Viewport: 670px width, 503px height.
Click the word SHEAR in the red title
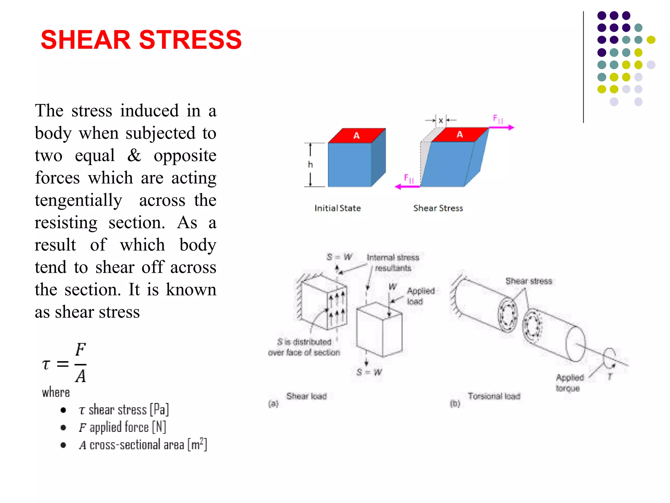tap(86, 40)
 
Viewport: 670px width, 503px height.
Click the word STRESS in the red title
tap(190, 40)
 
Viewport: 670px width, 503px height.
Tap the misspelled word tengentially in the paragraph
tap(79, 200)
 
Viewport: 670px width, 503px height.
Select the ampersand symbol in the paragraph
tap(134, 155)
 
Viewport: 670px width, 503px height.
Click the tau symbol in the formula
tap(46, 364)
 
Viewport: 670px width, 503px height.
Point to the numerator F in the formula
tap(80, 350)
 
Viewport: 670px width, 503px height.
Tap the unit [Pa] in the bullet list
tap(159, 410)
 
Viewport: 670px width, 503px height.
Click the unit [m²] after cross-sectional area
tap(197, 444)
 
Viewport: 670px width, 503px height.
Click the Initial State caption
tap(338, 208)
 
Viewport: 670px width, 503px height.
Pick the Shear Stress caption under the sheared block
tap(438, 208)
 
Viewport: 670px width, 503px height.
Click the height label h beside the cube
tap(310, 164)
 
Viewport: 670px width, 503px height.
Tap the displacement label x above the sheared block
tap(441, 121)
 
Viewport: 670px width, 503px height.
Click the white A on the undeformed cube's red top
tap(357, 136)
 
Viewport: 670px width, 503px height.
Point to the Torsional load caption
tap(494, 396)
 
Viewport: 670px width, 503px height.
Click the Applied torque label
tap(570, 383)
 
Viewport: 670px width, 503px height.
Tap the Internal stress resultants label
tap(393, 263)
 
